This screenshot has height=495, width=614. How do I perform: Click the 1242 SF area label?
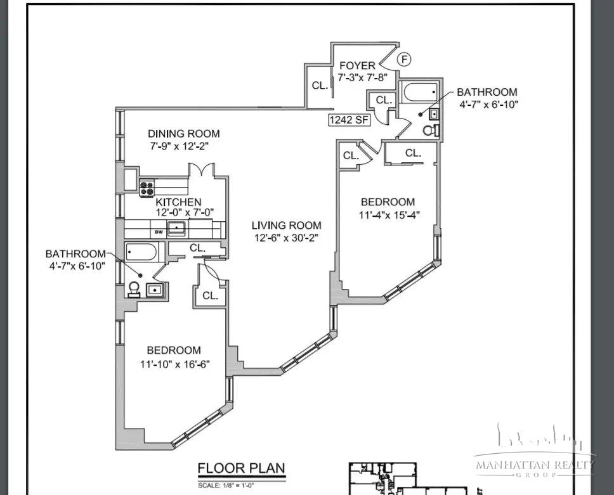coord(349,120)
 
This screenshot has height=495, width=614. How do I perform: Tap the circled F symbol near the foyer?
coord(404,60)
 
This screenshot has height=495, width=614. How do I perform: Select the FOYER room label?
coord(357,66)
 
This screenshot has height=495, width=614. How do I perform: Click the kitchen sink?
coord(176,228)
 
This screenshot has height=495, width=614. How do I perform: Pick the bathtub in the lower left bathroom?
coord(141,253)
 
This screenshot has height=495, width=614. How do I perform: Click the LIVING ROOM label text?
coord(286,225)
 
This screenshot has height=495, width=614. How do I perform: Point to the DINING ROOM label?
coord(184,134)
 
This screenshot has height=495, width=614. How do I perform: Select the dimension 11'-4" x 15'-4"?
coord(389,215)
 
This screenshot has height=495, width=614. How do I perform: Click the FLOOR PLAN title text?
coord(241,468)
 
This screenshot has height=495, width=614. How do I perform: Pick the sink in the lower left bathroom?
coord(155,290)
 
